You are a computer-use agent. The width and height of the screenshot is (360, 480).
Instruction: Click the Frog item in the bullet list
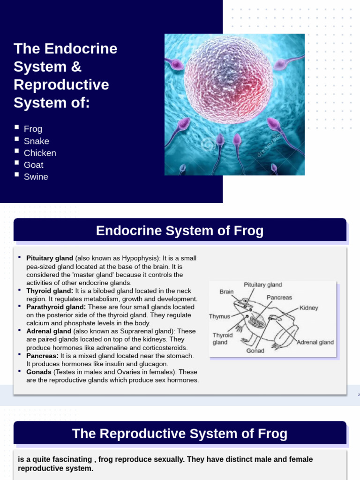(x=33, y=129)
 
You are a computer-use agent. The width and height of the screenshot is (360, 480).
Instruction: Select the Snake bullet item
(x=36, y=141)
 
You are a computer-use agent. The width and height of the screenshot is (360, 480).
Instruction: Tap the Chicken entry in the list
(x=40, y=153)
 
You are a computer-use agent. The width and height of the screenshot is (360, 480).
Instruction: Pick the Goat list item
(x=33, y=165)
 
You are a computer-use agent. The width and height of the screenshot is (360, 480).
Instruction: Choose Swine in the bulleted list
(x=36, y=177)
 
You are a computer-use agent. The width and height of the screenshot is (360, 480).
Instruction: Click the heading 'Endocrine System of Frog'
(x=180, y=231)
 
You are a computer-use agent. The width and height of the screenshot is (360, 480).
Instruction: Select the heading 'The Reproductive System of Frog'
(x=180, y=434)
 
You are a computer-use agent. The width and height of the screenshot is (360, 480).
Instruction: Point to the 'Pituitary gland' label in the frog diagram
(x=262, y=285)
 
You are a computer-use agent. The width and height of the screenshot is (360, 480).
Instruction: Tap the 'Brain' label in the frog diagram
(x=226, y=292)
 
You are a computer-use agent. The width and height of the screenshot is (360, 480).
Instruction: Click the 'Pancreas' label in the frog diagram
(x=279, y=297)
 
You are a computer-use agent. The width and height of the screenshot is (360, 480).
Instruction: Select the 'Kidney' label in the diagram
(x=308, y=308)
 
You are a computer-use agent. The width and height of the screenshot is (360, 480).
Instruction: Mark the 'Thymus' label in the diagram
(x=219, y=316)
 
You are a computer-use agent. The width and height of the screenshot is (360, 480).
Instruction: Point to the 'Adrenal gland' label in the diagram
(x=315, y=342)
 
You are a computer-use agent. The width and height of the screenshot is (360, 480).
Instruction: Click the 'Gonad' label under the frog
(x=255, y=351)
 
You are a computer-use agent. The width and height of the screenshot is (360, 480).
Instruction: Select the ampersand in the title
(x=76, y=67)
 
